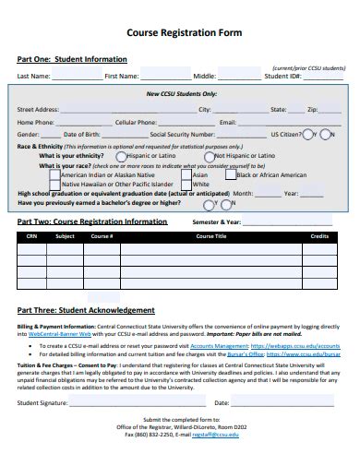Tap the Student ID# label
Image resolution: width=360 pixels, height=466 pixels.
(x=282, y=77)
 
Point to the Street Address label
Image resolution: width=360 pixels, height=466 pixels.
(x=38, y=109)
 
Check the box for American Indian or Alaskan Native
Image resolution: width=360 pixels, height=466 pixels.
(x=54, y=173)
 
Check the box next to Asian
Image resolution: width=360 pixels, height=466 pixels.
(x=186, y=173)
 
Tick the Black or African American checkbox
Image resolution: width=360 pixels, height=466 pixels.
(x=230, y=173)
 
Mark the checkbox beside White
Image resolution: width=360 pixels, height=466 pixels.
(x=186, y=184)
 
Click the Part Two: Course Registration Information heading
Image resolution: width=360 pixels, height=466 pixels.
(x=92, y=221)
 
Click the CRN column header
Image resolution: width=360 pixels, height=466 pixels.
(x=31, y=236)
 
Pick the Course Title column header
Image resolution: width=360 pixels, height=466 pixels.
(x=210, y=236)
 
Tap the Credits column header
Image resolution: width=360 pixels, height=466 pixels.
(x=319, y=236)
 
